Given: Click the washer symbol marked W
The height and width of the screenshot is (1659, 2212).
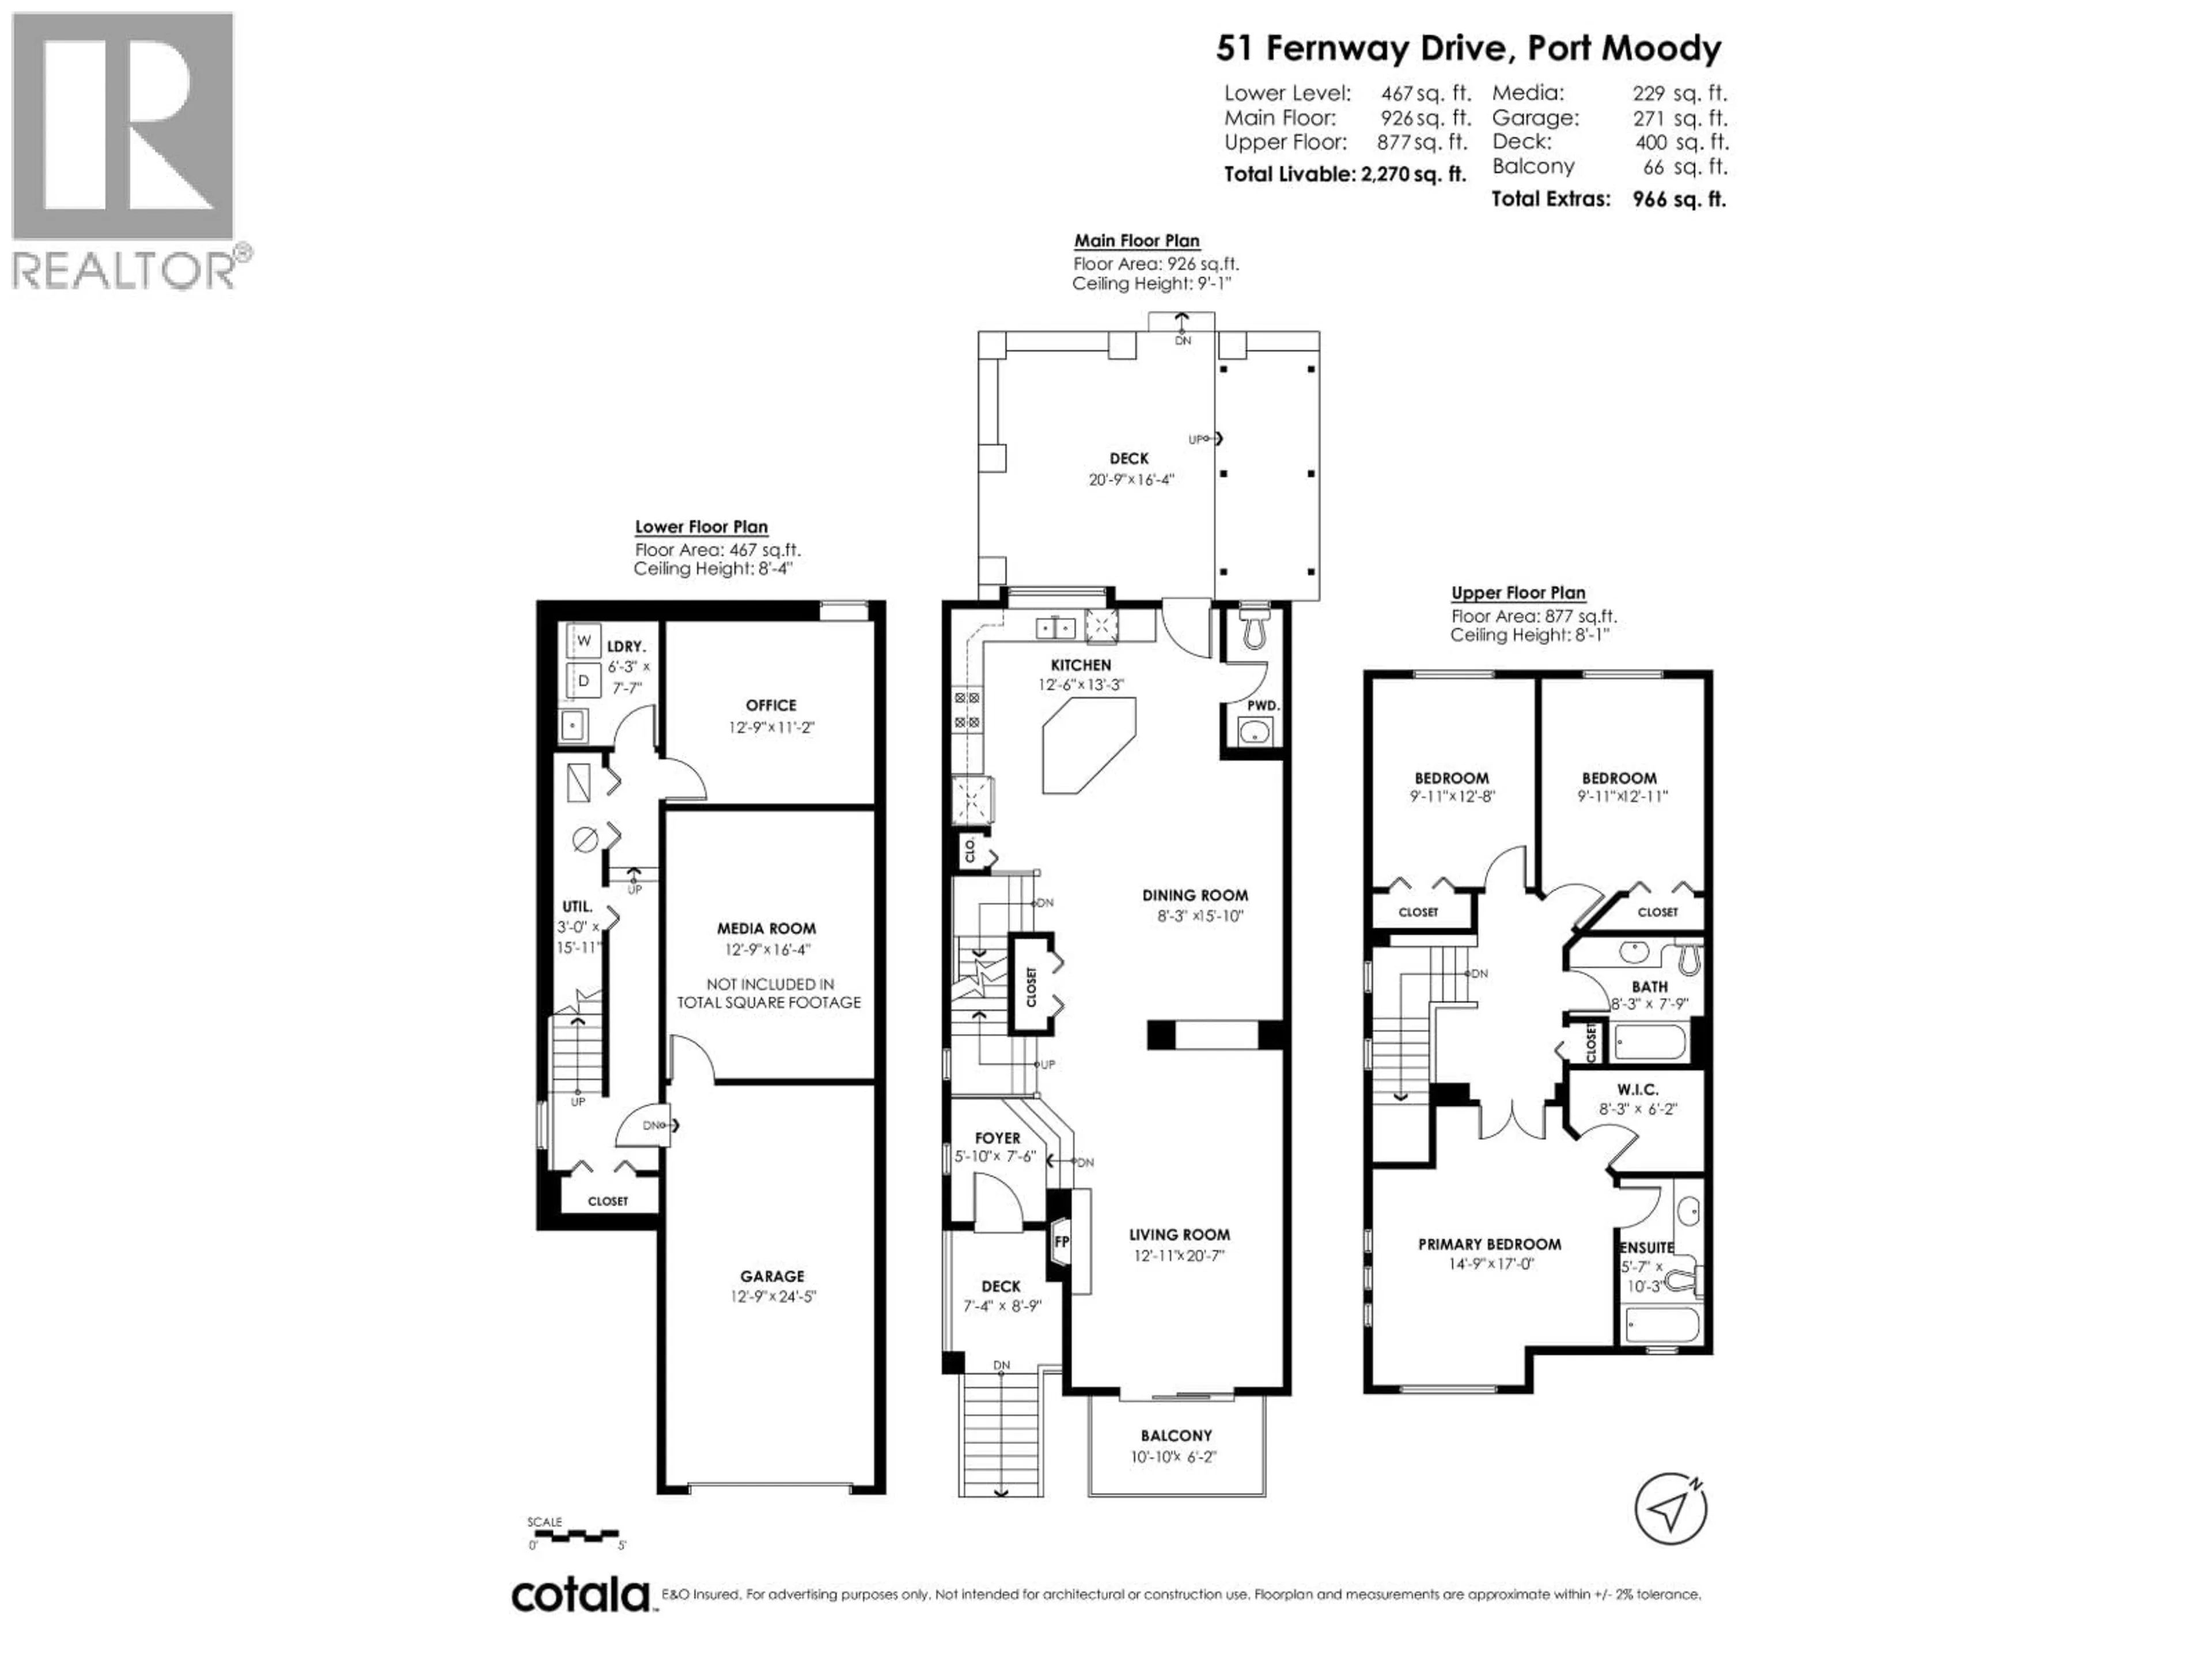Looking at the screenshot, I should point(584,640).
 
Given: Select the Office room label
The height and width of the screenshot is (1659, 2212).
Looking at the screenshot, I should point(771,705).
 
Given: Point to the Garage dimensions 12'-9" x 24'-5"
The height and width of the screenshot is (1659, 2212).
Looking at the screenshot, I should point(773,1296).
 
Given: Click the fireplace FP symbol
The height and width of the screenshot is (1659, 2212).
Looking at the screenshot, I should point(1061,1242).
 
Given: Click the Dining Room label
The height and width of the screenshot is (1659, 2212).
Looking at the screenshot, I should point(1195,895).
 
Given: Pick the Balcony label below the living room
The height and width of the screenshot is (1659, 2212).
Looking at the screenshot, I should point(1176,1435).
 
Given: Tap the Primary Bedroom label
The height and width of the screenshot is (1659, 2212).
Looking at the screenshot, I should point(1489,1244).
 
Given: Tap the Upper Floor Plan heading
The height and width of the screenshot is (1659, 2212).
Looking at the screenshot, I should point(1518,592).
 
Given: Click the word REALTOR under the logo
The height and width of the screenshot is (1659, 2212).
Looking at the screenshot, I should point(125,271).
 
